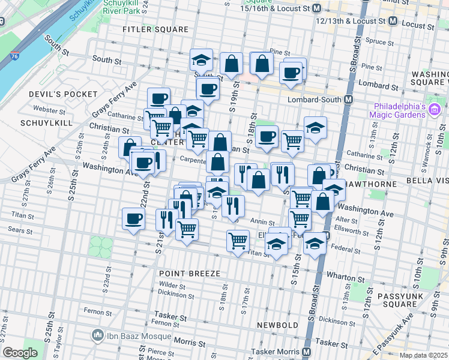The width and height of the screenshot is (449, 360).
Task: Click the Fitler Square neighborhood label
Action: pos(147,29)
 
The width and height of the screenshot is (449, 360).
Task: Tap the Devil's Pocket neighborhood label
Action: pos(63,94)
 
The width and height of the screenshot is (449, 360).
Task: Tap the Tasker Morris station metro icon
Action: pos(307,352)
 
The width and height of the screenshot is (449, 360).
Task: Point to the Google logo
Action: pos(20,353)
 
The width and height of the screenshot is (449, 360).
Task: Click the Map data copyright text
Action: pos(424,355)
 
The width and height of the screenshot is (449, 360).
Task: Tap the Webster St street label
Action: pos(49,110)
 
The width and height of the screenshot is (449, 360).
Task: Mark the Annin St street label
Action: pos(262,222)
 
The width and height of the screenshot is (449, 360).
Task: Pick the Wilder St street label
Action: pos(172,285)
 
